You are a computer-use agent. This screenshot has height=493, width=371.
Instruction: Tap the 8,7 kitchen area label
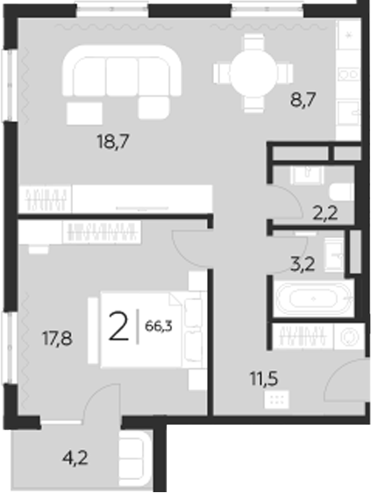coord(303,100)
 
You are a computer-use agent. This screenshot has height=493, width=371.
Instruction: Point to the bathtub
coord(311,298)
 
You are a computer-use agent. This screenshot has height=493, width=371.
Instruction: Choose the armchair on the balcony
coord(134,456)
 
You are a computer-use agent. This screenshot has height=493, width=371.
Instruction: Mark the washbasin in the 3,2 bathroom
coord(334,254)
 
